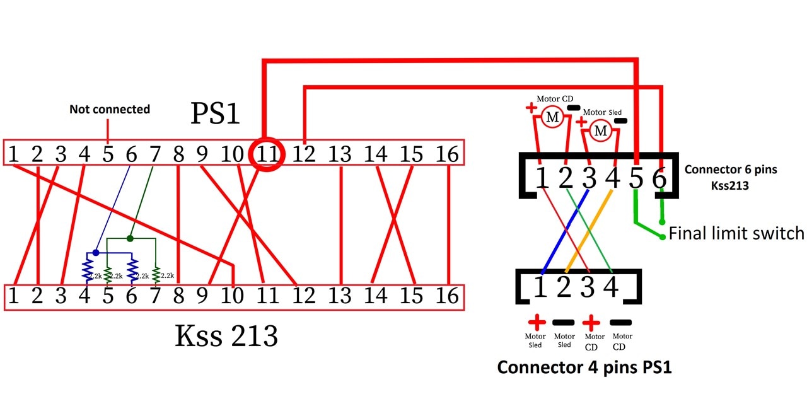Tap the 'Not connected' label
(110, 109)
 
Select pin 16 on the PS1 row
(447, 153)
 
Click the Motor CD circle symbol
(552, 117)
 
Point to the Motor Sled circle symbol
(601, 130)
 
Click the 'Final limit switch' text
(736, 234)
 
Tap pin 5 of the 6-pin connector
(636, 179)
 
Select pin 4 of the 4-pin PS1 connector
(610, 287)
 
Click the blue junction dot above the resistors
(96, 252)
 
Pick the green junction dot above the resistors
(130, 238)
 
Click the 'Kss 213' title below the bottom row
(226, 337)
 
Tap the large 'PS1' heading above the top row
(215, 114)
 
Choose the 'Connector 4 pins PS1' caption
(584, 367)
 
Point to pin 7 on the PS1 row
(155, 153)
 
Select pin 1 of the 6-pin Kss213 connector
(542, 179)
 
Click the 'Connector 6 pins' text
(729, 169)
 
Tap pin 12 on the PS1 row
(304, 153)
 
